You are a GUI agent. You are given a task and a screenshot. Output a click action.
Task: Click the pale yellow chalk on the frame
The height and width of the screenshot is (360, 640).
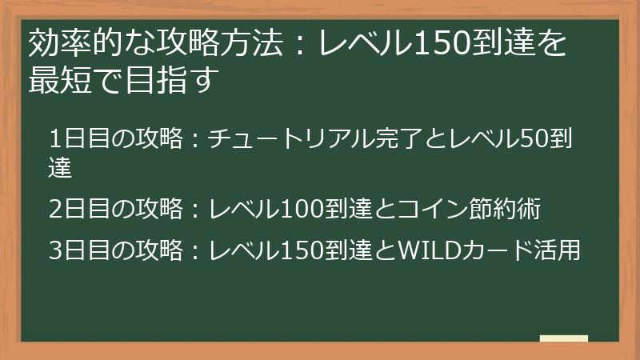point(564,338)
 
